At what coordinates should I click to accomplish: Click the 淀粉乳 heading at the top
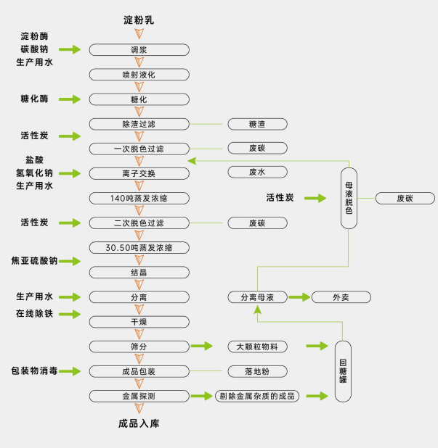click(x=139, y=20)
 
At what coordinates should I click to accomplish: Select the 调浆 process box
click(x=139, y=50)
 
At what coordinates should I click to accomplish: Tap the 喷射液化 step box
click(x=139, y=75)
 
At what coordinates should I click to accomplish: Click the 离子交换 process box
click(x=139, y=173)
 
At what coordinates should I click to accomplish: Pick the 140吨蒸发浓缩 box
click(x=139, y=198)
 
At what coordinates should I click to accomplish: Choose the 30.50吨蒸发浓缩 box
click(x=139, y=247)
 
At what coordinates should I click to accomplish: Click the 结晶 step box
click(x=139, y=273)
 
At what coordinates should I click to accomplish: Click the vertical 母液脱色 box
click(x=349, y=198)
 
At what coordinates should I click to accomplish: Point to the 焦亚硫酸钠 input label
click(x=44, y=260)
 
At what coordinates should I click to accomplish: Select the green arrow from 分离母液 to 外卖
click(x=299, y=297)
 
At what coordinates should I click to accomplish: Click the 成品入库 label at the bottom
click(x=139, y=423)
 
